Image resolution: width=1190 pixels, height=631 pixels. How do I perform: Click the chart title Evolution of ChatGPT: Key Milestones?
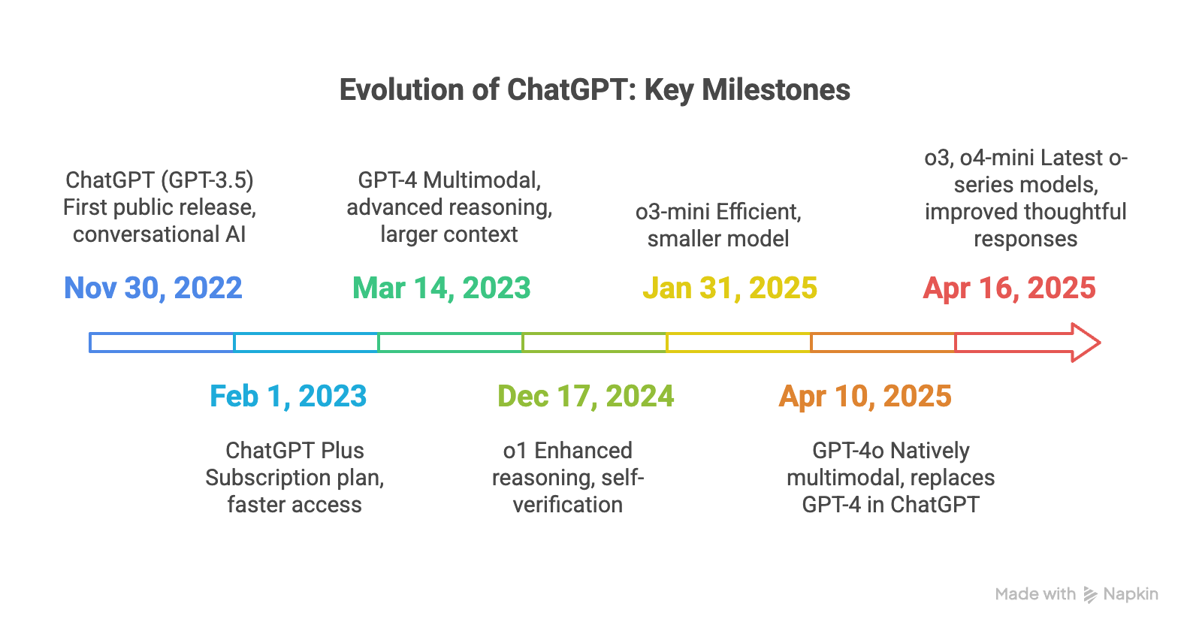(x=595, y=89)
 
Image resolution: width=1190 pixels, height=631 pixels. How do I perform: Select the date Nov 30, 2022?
(x=153, y=288)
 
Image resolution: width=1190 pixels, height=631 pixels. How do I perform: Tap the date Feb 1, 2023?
(x=288, y=396)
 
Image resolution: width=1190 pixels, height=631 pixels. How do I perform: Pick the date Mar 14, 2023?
(x=442, y=288)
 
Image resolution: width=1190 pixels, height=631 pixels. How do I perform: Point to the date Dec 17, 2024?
(x=585, y=396)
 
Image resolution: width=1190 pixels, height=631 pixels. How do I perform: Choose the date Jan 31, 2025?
(x=730, y=288)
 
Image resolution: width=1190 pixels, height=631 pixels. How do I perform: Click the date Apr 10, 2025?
(x=865, y=396)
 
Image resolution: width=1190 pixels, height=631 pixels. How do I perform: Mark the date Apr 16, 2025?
(x=1010, y=288)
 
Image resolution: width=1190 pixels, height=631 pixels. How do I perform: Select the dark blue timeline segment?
(x=162, y=334)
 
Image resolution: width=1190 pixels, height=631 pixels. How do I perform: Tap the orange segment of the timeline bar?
(x=883, y=334)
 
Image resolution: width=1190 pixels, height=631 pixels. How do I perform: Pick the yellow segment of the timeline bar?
(x=738, y=334)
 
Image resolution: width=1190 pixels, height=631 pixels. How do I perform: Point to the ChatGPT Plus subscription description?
(x=294, y=478)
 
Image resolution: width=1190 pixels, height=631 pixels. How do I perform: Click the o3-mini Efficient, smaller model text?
(x=718, y=225)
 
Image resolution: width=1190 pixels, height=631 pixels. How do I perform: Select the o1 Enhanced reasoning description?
(x=568, y=478)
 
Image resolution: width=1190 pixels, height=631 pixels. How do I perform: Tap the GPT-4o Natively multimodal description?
(x=891, y=478)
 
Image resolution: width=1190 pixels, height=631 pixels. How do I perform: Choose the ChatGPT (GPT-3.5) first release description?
(x=159, y=207)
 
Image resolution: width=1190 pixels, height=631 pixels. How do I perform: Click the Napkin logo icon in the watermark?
(x=1090, y=595)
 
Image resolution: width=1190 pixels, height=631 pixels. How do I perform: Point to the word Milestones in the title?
(x=776, y=89)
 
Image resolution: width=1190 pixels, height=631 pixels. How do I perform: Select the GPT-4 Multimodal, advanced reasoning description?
(x=449, y=207)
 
